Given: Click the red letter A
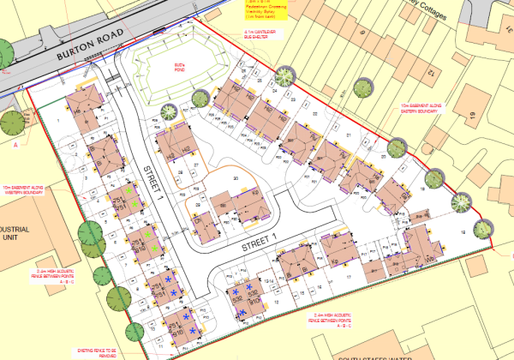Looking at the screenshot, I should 15,145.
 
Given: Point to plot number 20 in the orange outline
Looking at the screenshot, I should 236,177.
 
